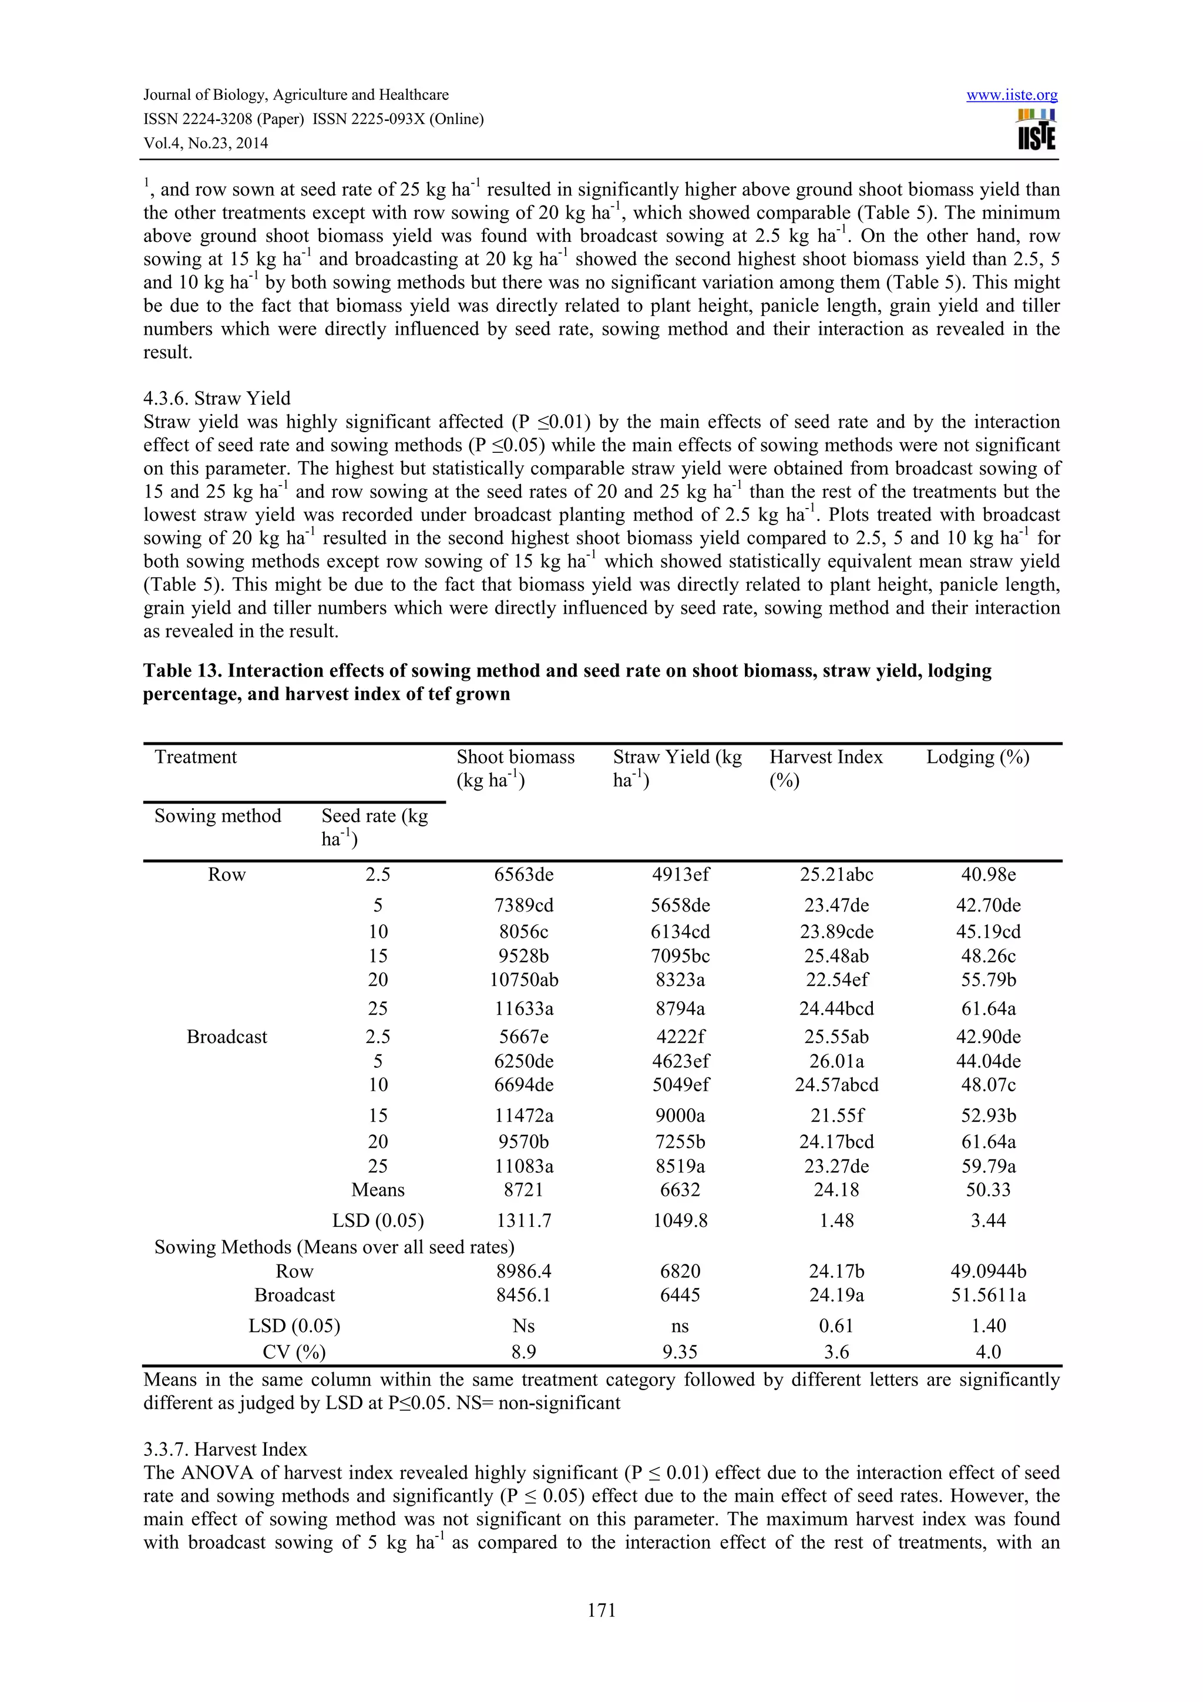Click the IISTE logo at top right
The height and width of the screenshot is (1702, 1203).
click(x=1036, y=130)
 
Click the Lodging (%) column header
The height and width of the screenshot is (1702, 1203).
click(x=977, y=757)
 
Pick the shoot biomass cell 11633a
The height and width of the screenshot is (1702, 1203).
click(x=524, y=1008)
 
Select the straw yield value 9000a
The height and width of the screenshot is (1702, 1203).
click(x=680, y=1116)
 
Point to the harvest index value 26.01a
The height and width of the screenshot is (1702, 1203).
click(x=836, y=1061)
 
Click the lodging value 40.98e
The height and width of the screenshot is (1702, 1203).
click(x=988, y=874)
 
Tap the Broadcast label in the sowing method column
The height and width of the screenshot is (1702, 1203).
click(x=227, y=1037)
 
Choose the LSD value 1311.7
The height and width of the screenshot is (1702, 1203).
click(x=524, y=1220)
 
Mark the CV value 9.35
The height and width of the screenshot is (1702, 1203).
click(x=680, y=1352)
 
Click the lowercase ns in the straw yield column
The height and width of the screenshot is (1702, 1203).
click(x=680, y=1326)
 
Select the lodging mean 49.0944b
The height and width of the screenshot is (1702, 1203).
click(x=988, y=1272)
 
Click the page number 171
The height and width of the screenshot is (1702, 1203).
click(x=601, y=1609)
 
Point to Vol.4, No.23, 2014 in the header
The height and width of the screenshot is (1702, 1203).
click(x=206, y=144)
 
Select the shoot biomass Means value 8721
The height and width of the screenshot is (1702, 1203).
click(x=524, y=1190)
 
